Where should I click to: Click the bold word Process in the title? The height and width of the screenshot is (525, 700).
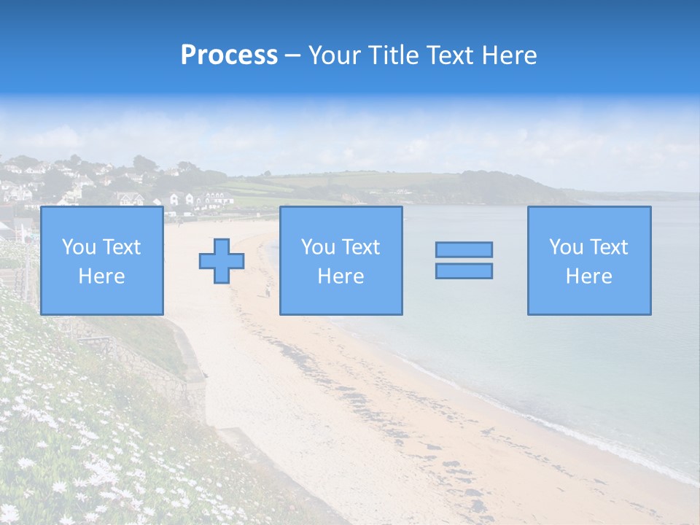[229, 55]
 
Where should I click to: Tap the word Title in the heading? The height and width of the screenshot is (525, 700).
[392, 55]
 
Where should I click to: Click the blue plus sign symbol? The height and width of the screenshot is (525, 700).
[222, 261]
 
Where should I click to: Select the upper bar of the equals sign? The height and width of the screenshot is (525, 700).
[464, 249]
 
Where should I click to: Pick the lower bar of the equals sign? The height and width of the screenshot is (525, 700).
[464, 271]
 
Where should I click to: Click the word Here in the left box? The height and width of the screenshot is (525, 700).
[101, 276]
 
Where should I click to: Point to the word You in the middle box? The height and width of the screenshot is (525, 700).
[317, 247]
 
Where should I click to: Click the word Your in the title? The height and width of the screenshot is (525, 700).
[335, 55]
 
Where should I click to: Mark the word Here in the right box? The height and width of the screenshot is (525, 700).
[588, 276]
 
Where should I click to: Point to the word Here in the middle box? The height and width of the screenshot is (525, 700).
[341, 276]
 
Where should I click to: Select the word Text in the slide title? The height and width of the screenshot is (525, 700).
[448, 55]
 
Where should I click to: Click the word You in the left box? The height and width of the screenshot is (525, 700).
[78, 247]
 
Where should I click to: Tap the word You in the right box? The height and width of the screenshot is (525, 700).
[565, 247]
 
